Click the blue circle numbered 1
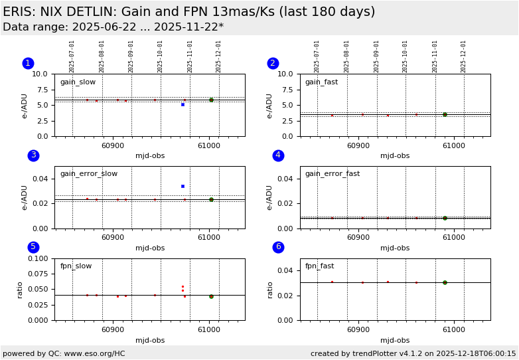coord(28,63)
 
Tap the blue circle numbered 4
coord(278,155)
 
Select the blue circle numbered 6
coord(278,247)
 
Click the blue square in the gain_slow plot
coord(183,104)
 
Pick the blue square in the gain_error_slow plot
coord(183,186)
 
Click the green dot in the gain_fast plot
coord(445,114)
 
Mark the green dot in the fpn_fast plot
coord(445,282)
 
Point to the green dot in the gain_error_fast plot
coord(445,218)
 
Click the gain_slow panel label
coord(78,82)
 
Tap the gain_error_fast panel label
coord(332,174)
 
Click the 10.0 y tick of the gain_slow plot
coord(40,74)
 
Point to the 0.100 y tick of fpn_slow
coord(38,258)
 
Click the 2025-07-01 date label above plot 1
coord(72,56)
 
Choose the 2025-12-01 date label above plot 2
coord(464,56)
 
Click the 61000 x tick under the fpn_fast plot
coord(454,329)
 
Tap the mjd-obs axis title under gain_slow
coord(150,156)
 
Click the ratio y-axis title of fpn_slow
coord(20,290)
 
